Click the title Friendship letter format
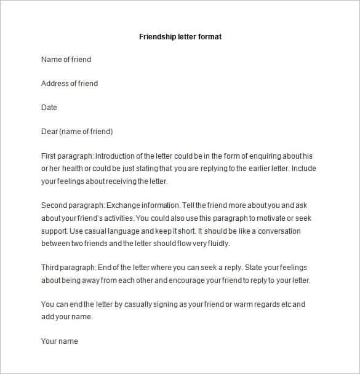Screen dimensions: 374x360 (180, 37)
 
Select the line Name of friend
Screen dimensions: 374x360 (66, 60)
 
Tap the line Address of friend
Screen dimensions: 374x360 (70, 84)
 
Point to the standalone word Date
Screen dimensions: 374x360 (49, 108)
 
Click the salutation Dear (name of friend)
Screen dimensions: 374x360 (77, 132)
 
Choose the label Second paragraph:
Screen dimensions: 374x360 (73, 205)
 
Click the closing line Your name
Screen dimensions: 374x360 (60, 341)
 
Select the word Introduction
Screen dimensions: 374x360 (116, 156)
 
